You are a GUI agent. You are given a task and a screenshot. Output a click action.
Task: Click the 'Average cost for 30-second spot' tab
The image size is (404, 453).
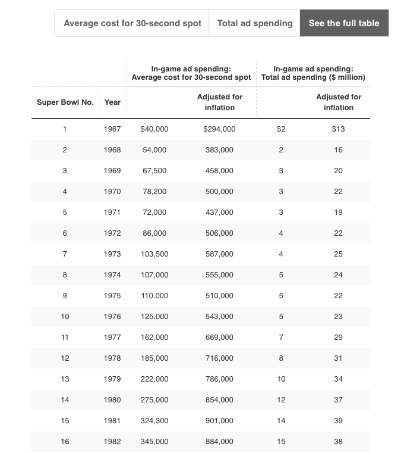click(x=132, y=23)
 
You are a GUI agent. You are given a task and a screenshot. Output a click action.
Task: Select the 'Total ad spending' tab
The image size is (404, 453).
click(x=254, y=23)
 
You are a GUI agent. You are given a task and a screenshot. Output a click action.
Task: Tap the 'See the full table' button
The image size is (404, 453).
click(x=344, y=23)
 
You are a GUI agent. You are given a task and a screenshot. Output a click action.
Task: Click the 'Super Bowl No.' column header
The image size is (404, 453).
click(x=65, y=102)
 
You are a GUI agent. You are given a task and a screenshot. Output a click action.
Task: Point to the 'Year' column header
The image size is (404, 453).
click(x=112, y=102)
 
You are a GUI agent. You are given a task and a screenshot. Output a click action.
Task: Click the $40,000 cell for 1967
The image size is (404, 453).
click(x=154, y=129)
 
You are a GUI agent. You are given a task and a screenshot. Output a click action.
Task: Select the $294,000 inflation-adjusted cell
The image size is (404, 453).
click(x=219, y=129)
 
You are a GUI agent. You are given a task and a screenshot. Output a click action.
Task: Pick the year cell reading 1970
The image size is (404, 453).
click(x=112, y=192)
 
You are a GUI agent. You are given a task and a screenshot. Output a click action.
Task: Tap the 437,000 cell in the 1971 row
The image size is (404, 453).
click(x=219, y=213)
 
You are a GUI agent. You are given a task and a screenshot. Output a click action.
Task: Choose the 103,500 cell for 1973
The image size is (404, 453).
click(x=154, y=254)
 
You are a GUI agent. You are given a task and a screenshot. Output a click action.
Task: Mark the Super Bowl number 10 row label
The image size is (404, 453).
click(x=65, y=317)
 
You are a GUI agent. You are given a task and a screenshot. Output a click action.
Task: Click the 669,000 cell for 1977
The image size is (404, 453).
click(x=219, y=338)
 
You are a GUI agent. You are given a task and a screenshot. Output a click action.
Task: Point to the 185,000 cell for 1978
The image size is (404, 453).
click(x=154, y=358)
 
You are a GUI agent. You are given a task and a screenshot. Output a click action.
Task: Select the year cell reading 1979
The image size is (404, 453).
click(x=112, y=379)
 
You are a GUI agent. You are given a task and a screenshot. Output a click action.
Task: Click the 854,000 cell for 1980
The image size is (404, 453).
click(x=219, y=400)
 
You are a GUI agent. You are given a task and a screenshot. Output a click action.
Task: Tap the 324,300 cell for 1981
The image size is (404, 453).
click(x=154, y=421)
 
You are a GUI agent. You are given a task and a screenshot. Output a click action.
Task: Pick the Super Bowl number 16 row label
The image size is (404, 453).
click(x=65, y=442)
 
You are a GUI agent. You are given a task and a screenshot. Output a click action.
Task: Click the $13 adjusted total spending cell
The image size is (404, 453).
click(x=338, y=129)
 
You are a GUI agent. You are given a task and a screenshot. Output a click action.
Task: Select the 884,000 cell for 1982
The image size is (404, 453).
click(x=219, y=442)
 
